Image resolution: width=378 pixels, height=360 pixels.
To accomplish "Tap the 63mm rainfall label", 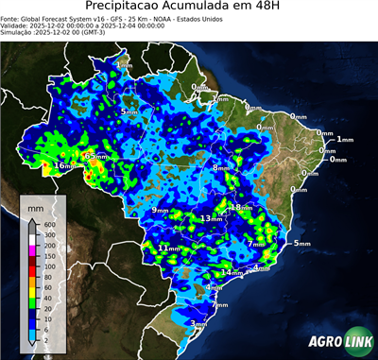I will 94,156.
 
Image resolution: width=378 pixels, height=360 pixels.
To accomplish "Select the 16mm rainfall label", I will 62,166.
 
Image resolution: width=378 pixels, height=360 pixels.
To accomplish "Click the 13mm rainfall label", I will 210,219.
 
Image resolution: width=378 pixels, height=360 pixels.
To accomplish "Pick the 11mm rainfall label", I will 168,248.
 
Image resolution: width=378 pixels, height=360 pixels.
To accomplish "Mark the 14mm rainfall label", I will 230,273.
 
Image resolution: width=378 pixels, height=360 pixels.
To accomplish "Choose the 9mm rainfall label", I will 162,210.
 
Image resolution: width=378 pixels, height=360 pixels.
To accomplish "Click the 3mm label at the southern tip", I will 198,323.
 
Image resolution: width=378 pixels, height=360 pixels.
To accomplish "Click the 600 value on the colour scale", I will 49,224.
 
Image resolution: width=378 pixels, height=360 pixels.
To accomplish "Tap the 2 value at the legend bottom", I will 46,338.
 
